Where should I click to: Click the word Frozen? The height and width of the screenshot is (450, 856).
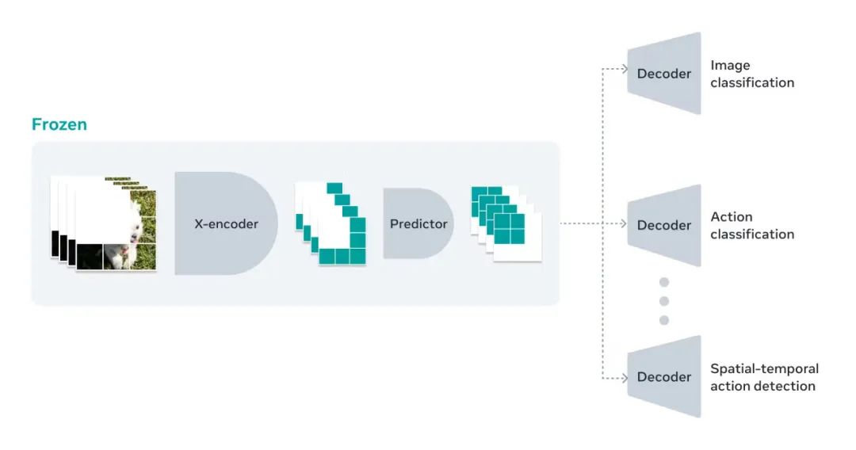coord(59,124)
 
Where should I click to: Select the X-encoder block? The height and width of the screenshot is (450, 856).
coord(225,223)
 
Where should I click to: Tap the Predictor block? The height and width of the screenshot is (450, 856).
coord(418,223)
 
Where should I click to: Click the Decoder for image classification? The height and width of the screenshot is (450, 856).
coord(664,74)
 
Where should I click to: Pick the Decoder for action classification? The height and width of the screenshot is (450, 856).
coord(664,225)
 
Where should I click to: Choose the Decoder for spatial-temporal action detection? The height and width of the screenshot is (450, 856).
coord(664,377)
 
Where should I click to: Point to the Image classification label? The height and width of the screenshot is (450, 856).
coord(751,74)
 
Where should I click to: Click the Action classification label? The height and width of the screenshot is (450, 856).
coord(751,225)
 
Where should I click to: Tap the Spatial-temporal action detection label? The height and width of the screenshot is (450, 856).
coord(763,377)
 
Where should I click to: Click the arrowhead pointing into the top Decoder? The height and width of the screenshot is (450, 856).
coord(623,69)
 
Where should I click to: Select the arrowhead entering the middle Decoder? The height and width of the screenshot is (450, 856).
coord(623,223)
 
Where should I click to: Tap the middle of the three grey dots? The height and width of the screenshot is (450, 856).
coord(664,301)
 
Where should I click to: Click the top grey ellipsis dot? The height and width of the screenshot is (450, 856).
coord(664,282)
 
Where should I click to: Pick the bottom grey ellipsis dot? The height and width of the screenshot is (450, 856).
coord(664,320)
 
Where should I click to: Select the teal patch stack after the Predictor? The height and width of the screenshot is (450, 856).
coord(506,223)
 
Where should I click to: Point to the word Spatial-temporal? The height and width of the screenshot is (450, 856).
coord(764,368)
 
